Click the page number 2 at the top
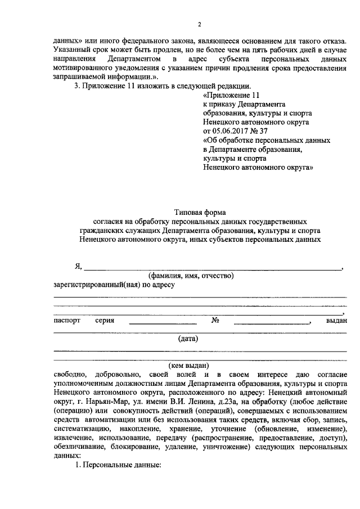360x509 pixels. click(199, 24)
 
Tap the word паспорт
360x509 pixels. click(67, 320)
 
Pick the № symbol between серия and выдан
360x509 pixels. click(214, 320)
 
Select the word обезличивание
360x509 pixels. click(80, 446)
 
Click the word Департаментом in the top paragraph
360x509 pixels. click(135, 59)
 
